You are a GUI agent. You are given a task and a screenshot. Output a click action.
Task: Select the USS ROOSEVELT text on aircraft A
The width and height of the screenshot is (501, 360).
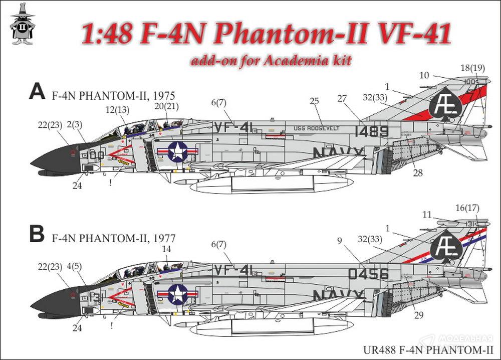pyautogui.click(x=317, y=128)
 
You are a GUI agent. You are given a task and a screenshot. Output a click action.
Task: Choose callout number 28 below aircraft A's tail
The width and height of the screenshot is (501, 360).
pyautogui.click(x=418, y=173)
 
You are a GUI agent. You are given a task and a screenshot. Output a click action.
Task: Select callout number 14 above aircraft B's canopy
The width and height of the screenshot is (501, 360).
pyautogui.click(x=167, y=248)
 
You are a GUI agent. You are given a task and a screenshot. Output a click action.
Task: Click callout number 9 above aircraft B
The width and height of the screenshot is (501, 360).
pyautogui.click(x=340, y=240)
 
